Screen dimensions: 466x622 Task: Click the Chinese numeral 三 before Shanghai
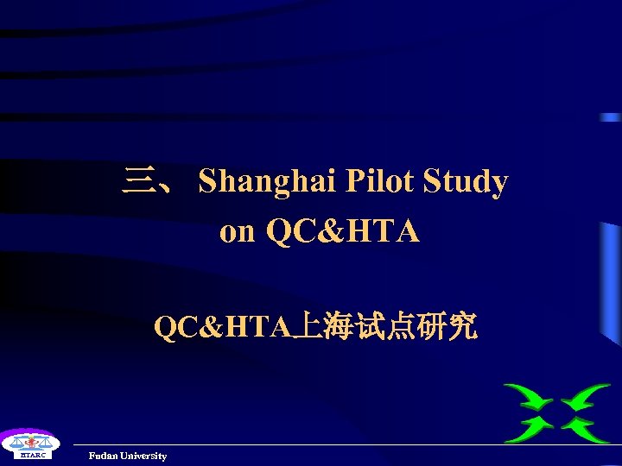tap(136, 182)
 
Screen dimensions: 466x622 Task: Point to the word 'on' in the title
tap(238, 232)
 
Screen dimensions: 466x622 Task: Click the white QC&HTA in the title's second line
tap(343, 231)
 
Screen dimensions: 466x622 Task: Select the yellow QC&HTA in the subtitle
tap(223, 327)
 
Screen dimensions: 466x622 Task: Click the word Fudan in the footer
tap(103, 456)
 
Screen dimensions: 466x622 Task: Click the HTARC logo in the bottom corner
tap(29, 445)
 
